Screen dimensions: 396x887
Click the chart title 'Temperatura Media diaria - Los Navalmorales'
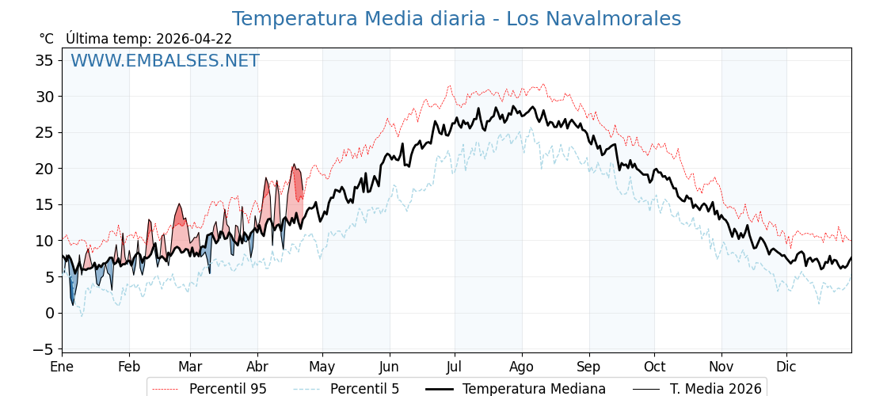point(456,19)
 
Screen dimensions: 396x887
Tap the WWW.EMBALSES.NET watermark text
point(165,61)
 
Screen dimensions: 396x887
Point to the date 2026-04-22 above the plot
point(194,39)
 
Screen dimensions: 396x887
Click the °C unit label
point(46,39)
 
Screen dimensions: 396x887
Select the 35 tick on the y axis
point(45,60)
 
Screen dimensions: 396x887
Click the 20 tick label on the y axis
point(45,169)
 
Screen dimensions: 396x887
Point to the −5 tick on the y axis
point(43,349)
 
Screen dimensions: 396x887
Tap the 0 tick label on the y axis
point(50,313)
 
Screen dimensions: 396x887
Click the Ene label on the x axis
point(62,367)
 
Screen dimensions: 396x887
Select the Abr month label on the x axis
point(257,367)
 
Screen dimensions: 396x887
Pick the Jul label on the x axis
point(455,367)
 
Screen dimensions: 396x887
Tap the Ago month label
point(522,367)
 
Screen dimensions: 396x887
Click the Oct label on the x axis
point(654,367)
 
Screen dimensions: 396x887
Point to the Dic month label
point(786,367)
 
